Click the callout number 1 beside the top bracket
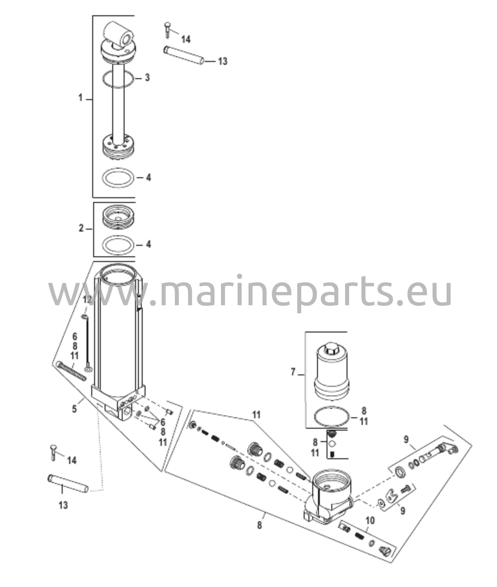pyautogui.click(x=81, y=98)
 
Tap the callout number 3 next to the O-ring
pyautogui.click(x=147, y=78)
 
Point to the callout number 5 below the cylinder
pyautogui.click(x=75, y=409)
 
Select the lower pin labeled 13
pyautogui.click(x=68, y=484)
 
